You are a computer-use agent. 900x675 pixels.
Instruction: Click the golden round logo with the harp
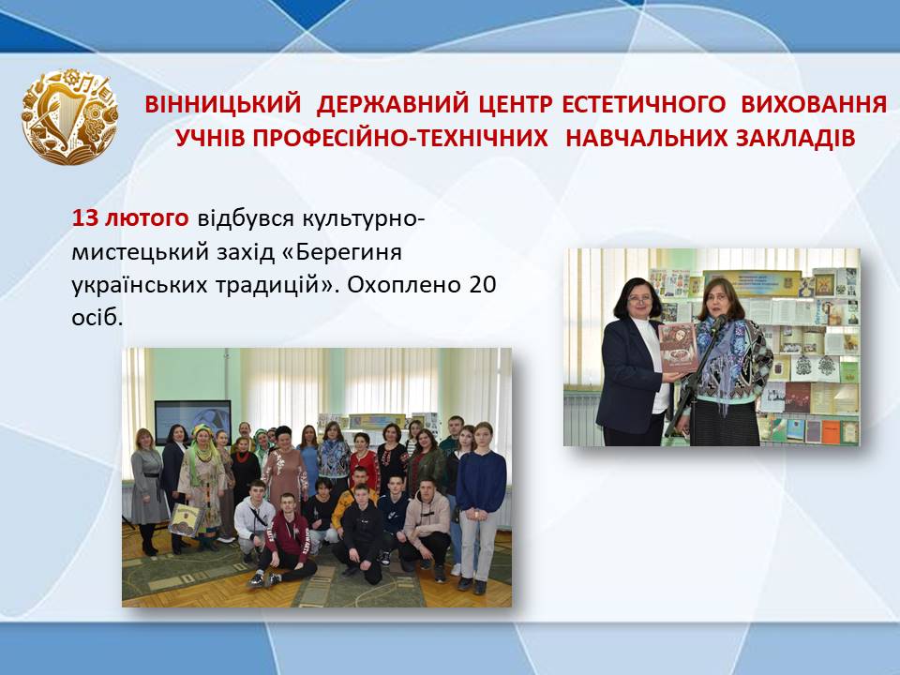click(69, 117)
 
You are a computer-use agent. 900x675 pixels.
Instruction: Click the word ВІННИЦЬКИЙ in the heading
click(223, 104)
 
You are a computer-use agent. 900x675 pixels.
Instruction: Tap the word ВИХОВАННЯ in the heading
click(814, 104)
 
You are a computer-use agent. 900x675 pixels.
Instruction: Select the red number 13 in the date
click(85, 218)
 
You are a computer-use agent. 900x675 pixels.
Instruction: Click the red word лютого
click(146, 218)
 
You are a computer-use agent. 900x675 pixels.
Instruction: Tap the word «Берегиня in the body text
click(342, 251)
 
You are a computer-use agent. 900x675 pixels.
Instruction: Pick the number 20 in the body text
click(482, 284)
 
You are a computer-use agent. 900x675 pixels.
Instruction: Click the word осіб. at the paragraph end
click(97, 318)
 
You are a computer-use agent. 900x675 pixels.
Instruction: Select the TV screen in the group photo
click(193, 421)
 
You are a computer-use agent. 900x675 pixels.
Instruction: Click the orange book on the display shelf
click(830, 431)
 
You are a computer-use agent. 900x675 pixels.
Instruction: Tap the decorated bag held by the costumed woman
click(186, 520)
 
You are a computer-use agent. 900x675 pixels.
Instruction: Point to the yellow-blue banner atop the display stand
click(751, 283)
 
